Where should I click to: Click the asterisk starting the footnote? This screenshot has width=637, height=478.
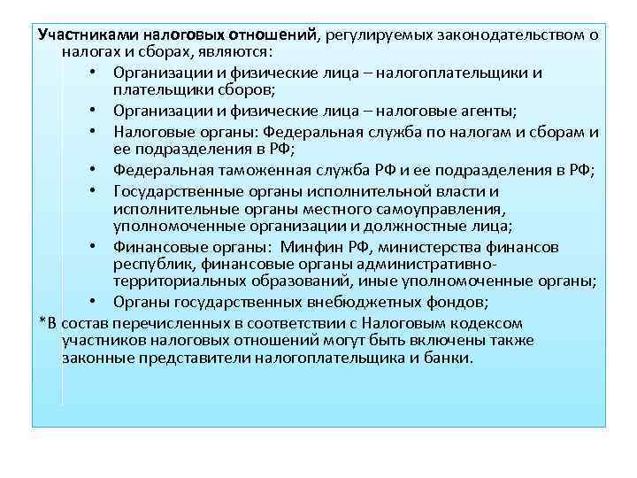pos(42,320)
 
